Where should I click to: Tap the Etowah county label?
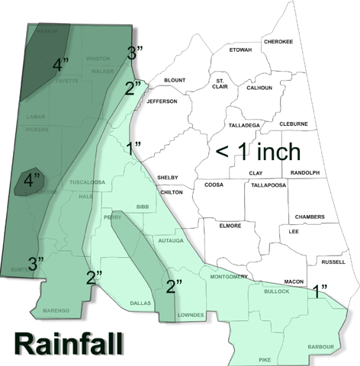click(240, 50)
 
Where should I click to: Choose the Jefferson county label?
click(162, 101)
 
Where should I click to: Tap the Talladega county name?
click(245, 124)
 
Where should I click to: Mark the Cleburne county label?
click(293, 124)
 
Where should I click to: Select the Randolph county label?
click(305, 173)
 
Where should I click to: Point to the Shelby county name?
click(167, 177)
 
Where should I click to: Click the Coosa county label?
click(214, 185)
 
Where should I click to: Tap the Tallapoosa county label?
click(267, 185)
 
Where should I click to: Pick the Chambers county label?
click(310, 217)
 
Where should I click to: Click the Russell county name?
click(333, 262)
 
